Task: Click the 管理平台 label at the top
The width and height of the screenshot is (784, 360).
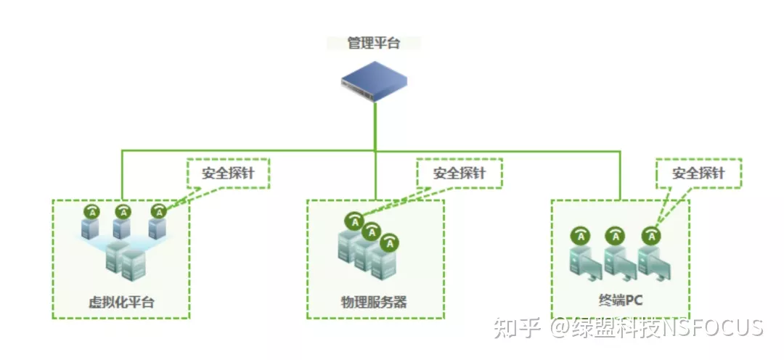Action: tap(374, 43)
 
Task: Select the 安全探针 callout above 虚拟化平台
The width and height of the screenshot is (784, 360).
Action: tap(228, 174)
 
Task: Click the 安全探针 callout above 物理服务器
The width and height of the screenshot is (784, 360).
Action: tap(460, 174)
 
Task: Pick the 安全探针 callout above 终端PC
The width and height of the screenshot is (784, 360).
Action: tap(698, 174)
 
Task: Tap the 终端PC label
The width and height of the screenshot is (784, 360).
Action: tap(618, 299)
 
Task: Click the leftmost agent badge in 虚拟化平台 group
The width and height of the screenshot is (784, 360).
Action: tap(91, 211)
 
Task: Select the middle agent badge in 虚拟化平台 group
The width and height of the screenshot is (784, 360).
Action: tap(124, 211)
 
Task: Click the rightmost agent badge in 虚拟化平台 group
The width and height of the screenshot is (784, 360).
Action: tap(158, 211)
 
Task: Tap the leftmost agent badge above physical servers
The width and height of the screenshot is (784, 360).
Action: tap(354, 220)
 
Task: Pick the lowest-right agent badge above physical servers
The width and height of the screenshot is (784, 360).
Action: tap(391, 244)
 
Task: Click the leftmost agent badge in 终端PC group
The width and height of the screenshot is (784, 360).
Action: tap(580, 235)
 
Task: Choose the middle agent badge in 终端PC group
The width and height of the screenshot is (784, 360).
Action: tap(616, 235)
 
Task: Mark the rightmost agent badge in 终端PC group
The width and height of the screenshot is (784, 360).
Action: tap(652, 235)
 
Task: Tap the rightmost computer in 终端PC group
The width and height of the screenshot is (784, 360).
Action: tap(655, 263)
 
